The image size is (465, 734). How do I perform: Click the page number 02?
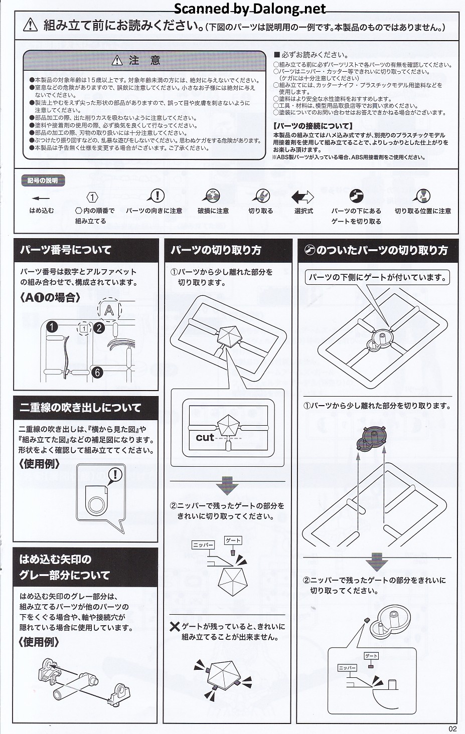[x=452, y=728]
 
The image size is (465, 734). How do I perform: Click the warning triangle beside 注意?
[x=117, y=61]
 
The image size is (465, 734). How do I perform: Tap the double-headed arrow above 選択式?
[x=302, y=197]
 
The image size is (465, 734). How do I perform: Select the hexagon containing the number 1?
[x=92, y=197]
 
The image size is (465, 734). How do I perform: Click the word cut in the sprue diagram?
[x=205, y=438]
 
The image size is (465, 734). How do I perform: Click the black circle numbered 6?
[x=97, y=373]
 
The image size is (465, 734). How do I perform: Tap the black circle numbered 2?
[x=99, y=328]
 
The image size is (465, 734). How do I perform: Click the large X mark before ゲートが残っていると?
[x=175, y=627]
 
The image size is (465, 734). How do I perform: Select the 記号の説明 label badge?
[x=43, y=180]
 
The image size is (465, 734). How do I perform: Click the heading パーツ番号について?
[x=66, y=250]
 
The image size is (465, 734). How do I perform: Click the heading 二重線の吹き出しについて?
[x=80, y=408]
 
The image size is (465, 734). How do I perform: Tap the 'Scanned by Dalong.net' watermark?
[x=250, y=9]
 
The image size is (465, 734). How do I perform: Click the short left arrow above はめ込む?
[x=41, y=198]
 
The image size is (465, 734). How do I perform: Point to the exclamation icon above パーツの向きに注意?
[x=156, y=196]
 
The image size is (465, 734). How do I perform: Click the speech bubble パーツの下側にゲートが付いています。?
[x=377, y=278]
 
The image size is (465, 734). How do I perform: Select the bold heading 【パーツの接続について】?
[x=313, y=126]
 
